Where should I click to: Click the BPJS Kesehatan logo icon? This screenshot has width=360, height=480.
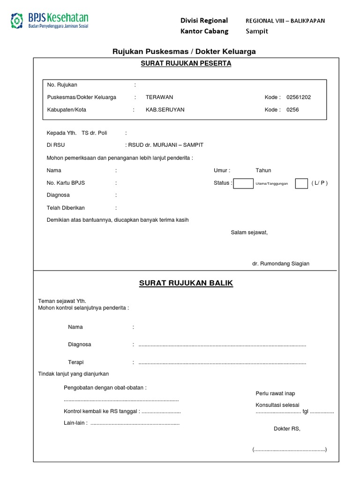17,20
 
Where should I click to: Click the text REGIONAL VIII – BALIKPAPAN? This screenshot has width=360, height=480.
285,21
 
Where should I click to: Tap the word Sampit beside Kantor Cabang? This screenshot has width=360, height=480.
257,31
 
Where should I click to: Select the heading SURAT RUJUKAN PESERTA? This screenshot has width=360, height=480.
186,64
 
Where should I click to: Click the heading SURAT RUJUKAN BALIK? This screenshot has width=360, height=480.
186,283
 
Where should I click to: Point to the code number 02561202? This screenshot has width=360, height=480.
299,97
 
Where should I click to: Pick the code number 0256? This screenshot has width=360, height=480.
292,110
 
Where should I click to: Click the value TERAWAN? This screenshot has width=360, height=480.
159,97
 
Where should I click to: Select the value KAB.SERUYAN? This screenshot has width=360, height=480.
165,110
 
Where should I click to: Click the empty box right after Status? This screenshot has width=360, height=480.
243,183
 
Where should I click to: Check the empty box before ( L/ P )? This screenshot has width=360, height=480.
301,183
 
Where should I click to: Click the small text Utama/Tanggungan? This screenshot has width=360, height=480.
272,184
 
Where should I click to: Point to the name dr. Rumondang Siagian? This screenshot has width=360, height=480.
281,264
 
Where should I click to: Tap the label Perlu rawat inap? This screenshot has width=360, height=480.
275,393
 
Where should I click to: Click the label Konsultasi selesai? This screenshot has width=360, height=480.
277,405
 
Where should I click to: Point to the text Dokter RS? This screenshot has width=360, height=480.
287,428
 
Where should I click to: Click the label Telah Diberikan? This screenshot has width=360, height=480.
66,208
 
